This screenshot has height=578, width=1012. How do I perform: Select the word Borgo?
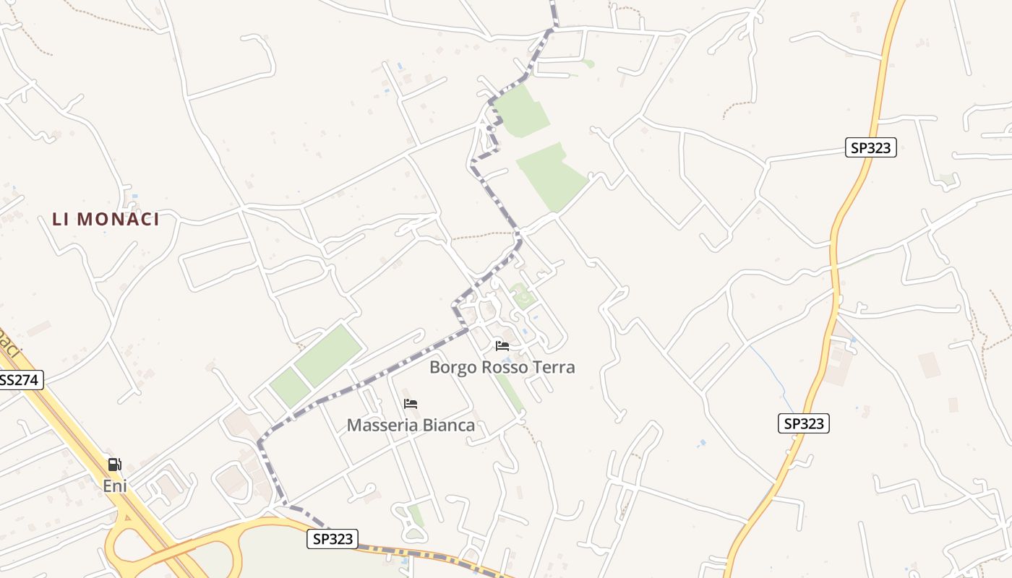click(453, 367)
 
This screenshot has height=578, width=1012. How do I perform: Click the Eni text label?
click(115, 486)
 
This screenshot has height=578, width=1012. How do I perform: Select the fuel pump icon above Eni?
click(114, 465)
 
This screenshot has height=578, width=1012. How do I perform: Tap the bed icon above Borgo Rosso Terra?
click(502, 346)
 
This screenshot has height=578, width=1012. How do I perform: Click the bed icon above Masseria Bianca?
click(411, 404)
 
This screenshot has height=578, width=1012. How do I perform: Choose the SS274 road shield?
click(20, 380)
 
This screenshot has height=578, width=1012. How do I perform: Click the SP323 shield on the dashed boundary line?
click(333, 538)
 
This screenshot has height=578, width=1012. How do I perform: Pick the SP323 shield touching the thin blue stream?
click(803, 423)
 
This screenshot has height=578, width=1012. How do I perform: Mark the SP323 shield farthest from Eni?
click(871, 148)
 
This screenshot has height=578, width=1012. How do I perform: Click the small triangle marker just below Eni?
click(127, 515)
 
